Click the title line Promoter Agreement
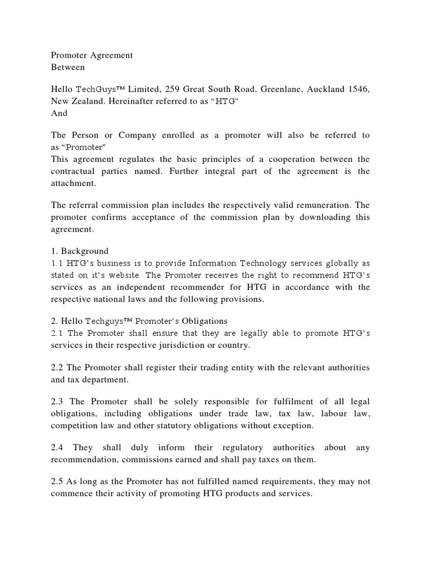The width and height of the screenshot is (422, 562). (92, 55)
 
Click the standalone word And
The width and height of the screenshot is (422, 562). (59, 113)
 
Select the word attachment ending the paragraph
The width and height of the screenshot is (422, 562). (73, 183)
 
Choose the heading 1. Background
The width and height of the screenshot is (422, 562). (80, 251)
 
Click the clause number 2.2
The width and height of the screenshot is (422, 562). (58, 367)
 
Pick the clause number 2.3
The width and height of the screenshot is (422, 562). (58, 402)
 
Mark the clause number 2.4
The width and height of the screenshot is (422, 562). (58, 447)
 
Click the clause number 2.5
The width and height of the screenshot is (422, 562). (58, 481)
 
